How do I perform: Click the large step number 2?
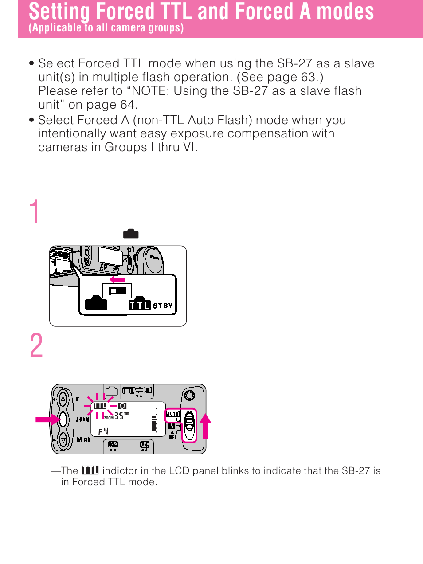click(x=36, y=346)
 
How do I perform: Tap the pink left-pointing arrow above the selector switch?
click(x=117, y=279)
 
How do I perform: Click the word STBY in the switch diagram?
click(x=163, y=305)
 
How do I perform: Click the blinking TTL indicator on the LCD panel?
click(x=100, y=406)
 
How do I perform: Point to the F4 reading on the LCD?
click(x=103, y=431)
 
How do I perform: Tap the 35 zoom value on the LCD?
click(x=119, y=416)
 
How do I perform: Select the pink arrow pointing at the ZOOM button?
click(x=47, y=419)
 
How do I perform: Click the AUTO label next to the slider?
click(x=172, y=414)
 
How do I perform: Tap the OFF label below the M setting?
click(x=173, y=437)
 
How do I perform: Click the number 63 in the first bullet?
click(x=308, y=77)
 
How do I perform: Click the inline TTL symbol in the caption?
click(x=90, y=470)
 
